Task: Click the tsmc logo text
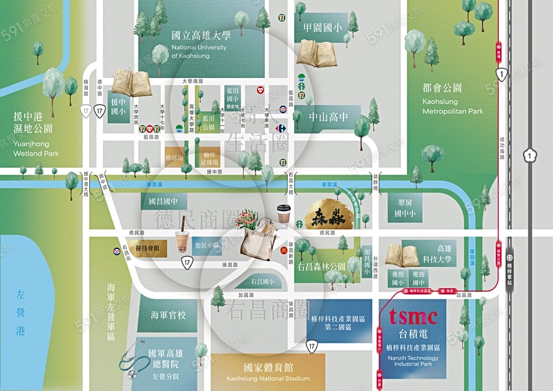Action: pos(413,316)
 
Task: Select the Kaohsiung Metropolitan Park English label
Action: pos(453,106)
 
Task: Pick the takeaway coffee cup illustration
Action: pos(283,214)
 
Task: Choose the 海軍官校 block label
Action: pos(168,315)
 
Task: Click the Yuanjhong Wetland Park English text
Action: pos(36,149)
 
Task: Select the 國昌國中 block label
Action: pos(163,201)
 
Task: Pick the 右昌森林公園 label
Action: pos(321,267)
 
